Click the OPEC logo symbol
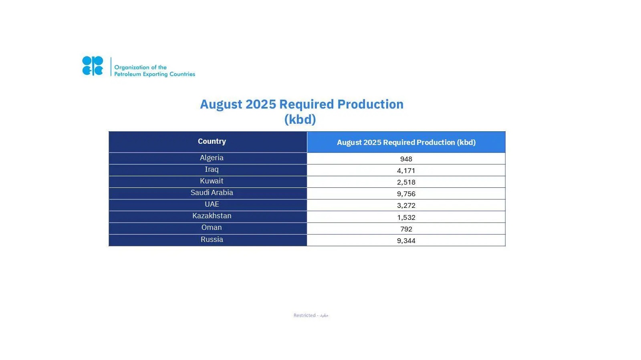[93, 66]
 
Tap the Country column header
[212, 141]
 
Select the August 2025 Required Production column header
[406, 143]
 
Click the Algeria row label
[212, 158]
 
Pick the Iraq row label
[212, 169]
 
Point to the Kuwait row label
[212, 181]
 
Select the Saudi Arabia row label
[212, 193]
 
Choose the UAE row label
[212, 204]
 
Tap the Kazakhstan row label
[212, 216]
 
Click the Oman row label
[212, 227]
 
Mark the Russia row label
[212, 239]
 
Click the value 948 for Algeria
[406, 159]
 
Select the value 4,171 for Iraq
[406, 171]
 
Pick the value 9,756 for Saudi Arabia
[406, 194]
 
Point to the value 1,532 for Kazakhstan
[406, 217]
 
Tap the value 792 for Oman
[406, 229]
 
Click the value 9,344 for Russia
[406, 241]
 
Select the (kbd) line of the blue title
[300, 119]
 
